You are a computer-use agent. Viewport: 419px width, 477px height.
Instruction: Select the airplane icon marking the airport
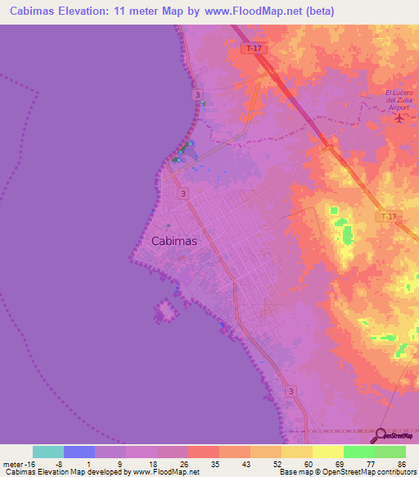tap(399, 117)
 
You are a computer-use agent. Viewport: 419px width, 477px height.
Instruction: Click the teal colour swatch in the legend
tap(48, 452)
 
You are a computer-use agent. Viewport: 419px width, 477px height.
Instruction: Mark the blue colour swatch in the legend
tap(79, 452)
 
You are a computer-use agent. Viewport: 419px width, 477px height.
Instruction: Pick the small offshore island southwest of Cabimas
tap(165, 311)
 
